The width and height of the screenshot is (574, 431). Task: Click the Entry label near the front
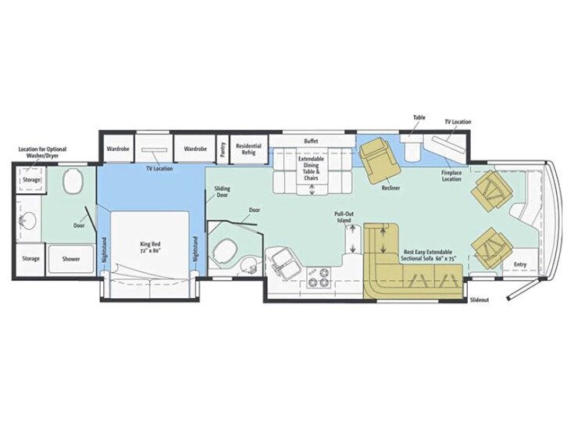click(x=519, y=264)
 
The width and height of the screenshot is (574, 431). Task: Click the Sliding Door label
click(x=223, y=192)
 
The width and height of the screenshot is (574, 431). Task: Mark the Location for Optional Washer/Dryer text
click(x=43, y=153)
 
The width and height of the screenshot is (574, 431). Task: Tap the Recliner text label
click(x=391, y=189)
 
